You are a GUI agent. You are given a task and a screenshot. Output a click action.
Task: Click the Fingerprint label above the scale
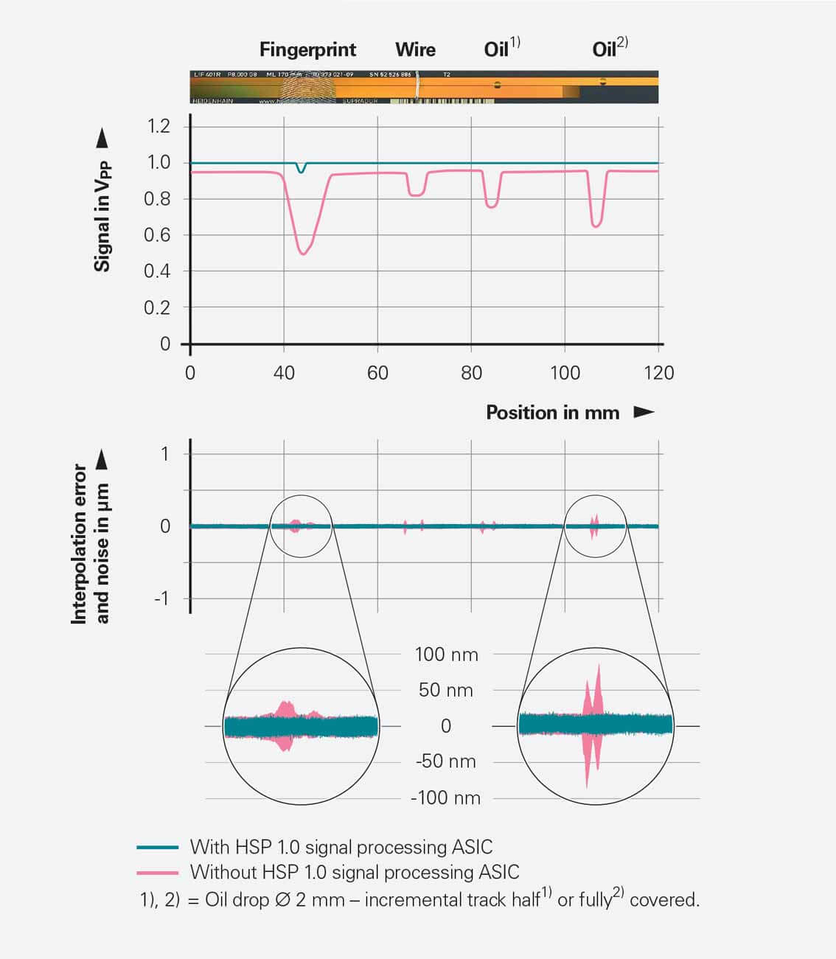coord(307,50)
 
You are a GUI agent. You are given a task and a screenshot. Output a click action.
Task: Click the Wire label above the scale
coord(415,50)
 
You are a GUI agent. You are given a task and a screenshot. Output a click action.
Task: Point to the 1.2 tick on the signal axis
coord(158,126)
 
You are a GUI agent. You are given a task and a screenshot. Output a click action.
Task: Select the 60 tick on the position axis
coord(377,373)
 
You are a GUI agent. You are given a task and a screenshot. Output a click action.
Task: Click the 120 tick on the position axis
coord(658,373)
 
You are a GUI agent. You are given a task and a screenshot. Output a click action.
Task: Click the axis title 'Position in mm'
coord(552,413)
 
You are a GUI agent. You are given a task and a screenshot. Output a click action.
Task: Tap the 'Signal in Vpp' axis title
coord(103,216)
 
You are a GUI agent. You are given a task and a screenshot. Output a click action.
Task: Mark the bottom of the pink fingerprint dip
coord(302,253)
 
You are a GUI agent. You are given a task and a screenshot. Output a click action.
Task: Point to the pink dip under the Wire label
coord(416,194)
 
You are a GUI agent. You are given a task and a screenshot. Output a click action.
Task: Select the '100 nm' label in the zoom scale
coord(446,655)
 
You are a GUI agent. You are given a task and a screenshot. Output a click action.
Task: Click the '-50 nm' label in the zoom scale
coord(445,761)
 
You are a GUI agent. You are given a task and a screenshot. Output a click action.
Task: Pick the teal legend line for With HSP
coord(158,848)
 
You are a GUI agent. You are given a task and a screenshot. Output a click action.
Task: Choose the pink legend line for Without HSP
coord(158,873)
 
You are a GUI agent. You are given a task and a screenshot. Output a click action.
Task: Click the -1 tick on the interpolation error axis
coord(161,599)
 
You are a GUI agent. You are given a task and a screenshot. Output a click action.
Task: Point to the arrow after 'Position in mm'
coord(644,412)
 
